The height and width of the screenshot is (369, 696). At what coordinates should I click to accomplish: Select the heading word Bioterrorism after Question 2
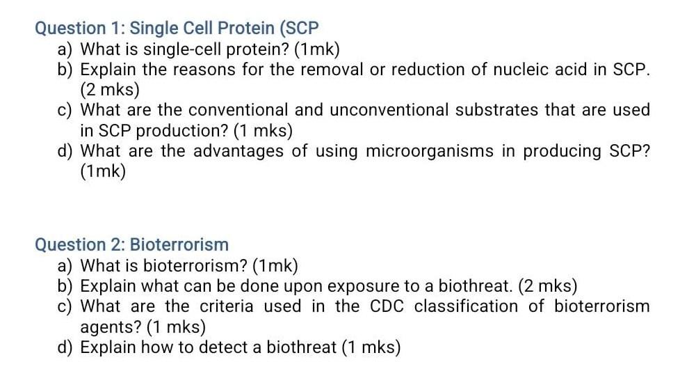tap(179, 244)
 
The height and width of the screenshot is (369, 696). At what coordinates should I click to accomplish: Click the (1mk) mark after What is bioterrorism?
tap(276, 265)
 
